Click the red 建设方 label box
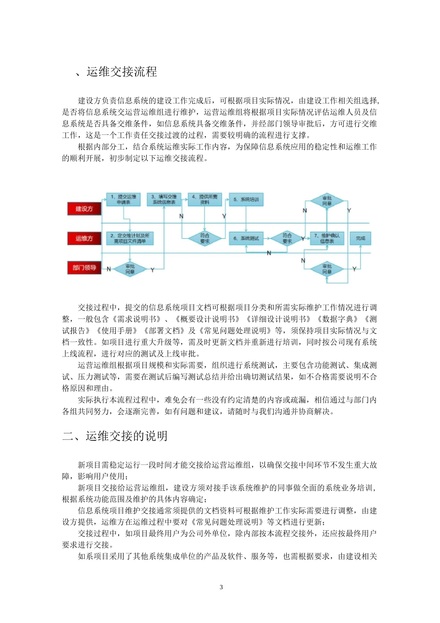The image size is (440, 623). pyautogui.click(x=84, y=209)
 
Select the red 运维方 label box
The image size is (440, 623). pyautogui.click(x=84, y=238)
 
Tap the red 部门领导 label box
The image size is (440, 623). pyautogui.click(x=84, y=267)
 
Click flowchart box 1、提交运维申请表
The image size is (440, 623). pyautogui.click(x=123, y=199)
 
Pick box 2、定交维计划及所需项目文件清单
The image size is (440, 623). pyautogui.click(x=130, y=238)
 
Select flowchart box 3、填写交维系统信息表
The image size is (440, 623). pyautogui.click(x=164, y=199)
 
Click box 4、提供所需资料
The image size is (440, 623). pyautogui.click(x=205, y=199)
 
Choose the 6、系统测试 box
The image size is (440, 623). pyautogui.click(x=246, y=238)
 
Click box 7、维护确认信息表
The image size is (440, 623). pyautogui.click(x=327, y=238)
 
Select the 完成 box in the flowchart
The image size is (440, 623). pyautogui.click(x=360, y=238)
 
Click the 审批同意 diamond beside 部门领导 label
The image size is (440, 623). pyautogui.click(x=130, y=269)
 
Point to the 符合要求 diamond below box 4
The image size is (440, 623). pyautogui.click(x=205, y=238)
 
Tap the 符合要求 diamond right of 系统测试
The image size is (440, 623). pyautogui.click(x=287, y=238)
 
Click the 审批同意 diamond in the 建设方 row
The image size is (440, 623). pyautogui.click(x=327, y=201)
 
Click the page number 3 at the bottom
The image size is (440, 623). pyautogui.click(x=221, y=587)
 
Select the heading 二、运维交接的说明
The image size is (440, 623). pyautogui.click(x=115, y=436)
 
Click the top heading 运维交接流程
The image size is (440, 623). pyautogui.click(x=121, y=72)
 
